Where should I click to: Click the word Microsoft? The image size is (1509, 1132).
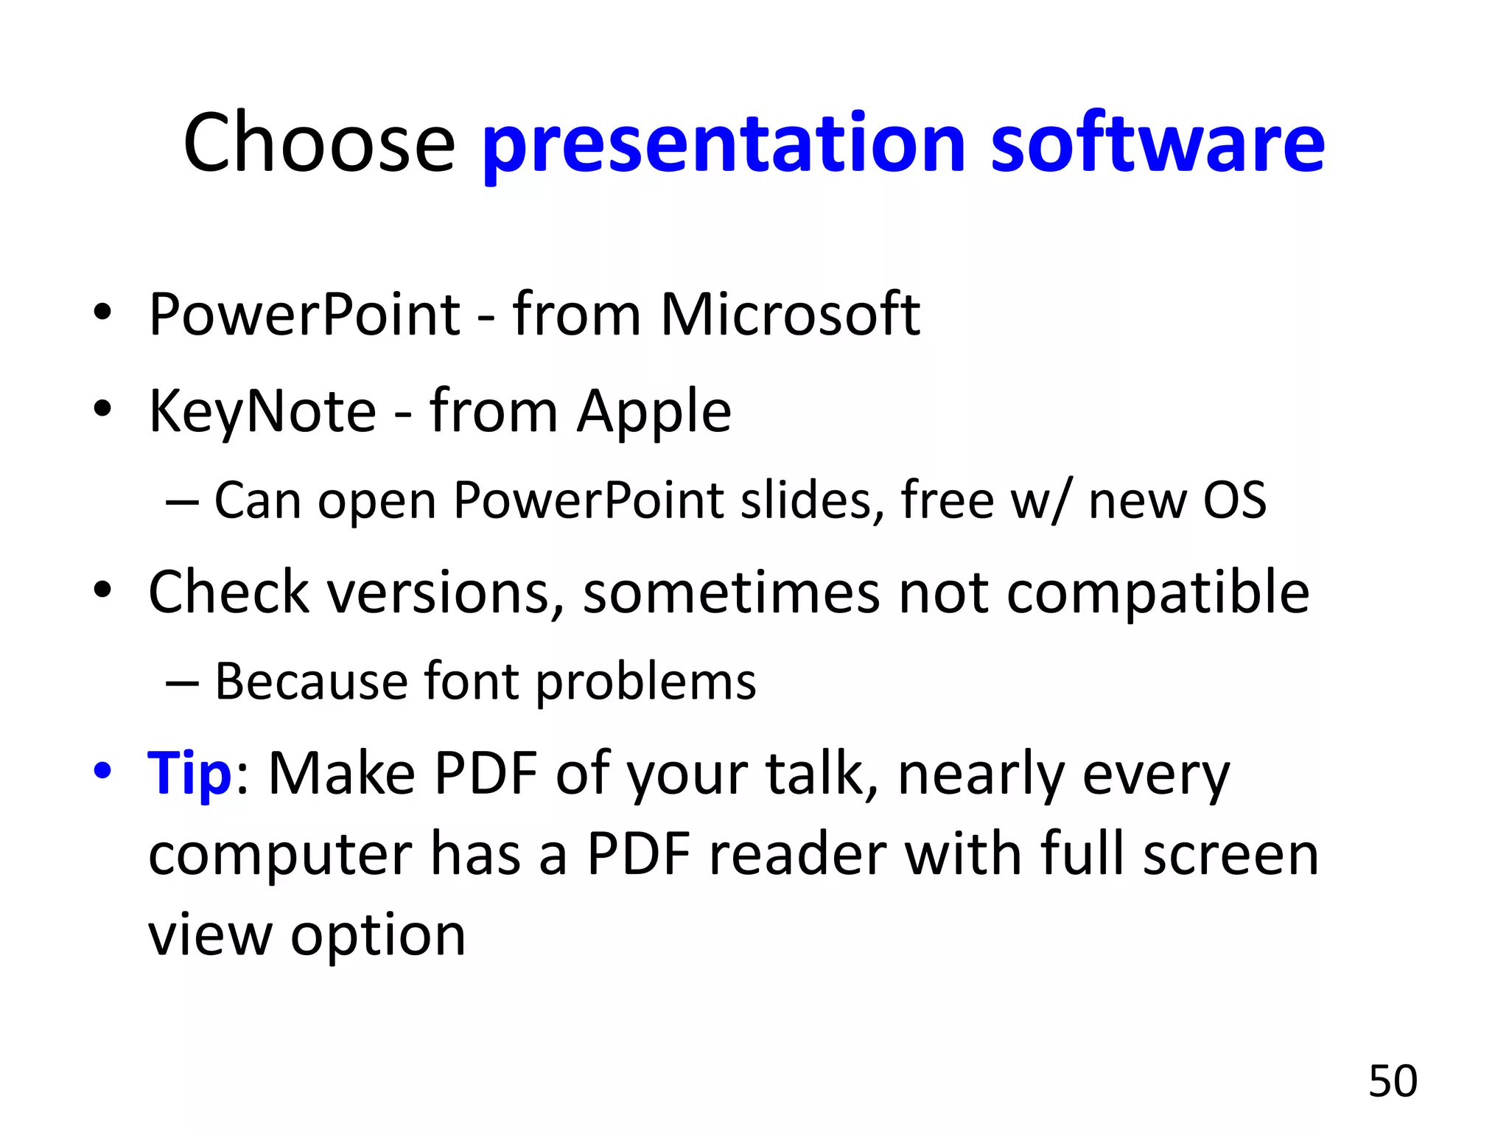790,315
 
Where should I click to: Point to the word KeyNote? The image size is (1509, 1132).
262,411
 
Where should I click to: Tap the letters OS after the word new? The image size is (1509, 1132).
1234,500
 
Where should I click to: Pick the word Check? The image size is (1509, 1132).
228,592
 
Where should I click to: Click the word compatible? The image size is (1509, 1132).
1158,593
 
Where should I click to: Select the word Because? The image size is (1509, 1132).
311,681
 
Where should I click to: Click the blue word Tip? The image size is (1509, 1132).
189,774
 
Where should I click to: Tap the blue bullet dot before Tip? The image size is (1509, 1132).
102,771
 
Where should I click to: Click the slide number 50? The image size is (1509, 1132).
1393,1081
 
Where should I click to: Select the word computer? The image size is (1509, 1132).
280,856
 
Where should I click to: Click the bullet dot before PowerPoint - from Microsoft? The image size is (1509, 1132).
102,312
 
